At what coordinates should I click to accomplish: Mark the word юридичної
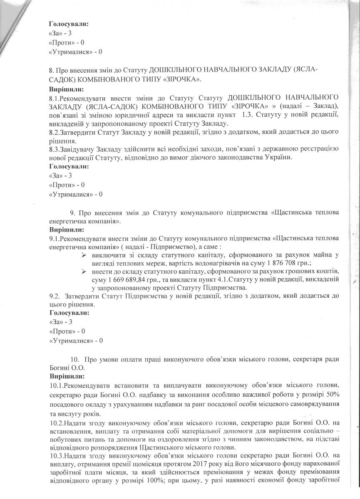(160, 114)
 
